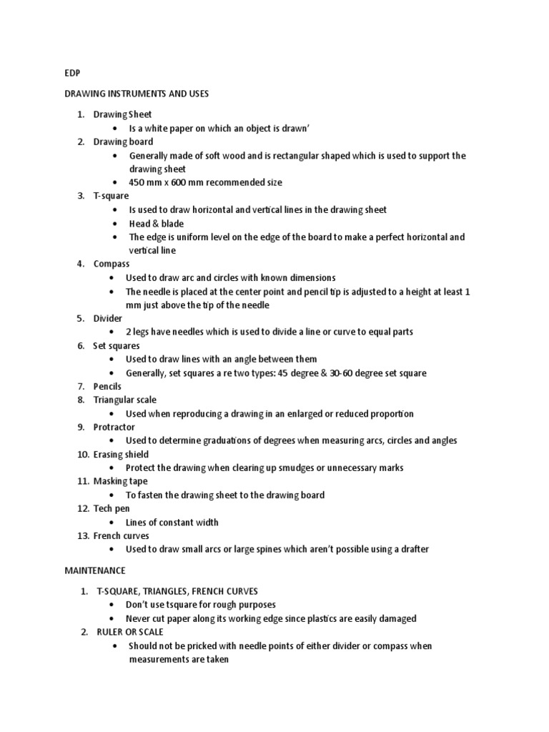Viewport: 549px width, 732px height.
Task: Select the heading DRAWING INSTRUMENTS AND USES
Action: pos(137,94)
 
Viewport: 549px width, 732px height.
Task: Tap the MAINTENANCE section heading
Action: pos(95,570)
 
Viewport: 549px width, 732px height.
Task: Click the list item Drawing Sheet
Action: pos(122,114)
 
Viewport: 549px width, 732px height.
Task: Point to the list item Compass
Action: pos(112,264)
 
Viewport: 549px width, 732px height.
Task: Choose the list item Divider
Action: pos(108,318)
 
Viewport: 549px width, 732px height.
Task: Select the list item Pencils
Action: pos(107,386)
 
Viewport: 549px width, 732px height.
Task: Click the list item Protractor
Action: pos(114,427)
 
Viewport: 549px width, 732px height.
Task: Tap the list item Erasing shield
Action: pos(121,454)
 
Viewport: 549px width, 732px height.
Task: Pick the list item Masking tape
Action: pos(120,481)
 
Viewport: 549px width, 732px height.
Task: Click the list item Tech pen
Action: pos(112,508)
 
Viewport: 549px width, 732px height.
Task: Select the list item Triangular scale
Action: pos(124,400)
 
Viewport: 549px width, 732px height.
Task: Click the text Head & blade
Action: pos(156,223)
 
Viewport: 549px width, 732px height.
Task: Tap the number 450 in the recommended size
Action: pos(137,182)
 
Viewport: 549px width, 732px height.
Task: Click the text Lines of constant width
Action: pos(172,522)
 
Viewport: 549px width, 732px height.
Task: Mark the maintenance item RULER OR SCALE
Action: pos(130,632)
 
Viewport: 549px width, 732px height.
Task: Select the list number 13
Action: pos(81,535)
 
